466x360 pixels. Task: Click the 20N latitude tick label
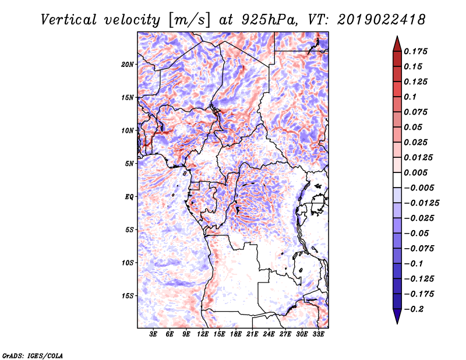pos(128,64)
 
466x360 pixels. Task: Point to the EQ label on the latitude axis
pos(129,197)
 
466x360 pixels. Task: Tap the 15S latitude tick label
pos(128,296)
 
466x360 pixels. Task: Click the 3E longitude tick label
pos(154,335)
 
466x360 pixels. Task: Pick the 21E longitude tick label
pos(253,335)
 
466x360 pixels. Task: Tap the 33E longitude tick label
pos(319,335)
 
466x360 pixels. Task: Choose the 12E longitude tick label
pos(203,335)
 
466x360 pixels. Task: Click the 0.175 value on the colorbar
pos(416,51)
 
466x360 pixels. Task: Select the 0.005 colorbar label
pos(416,172)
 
